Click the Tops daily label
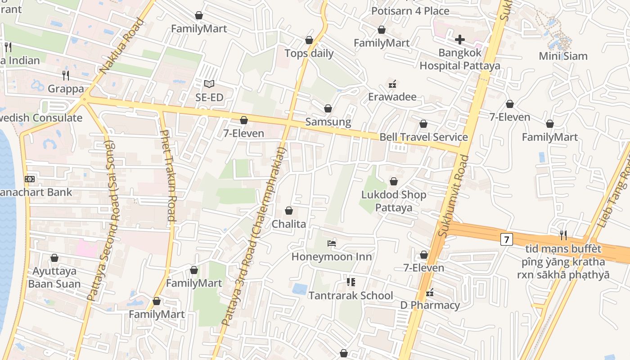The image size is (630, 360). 309,54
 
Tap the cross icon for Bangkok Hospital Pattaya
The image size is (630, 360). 459,40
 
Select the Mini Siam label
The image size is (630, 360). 563,56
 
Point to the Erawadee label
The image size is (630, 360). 392,97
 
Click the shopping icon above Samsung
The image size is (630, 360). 328,108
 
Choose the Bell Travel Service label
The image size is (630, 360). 423,137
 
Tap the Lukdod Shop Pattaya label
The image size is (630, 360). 394,201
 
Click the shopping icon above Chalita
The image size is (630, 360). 289,211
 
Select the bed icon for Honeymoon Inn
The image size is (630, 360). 332,243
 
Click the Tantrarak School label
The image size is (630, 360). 351,296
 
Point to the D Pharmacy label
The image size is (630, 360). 430,306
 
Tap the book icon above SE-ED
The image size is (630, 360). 209,84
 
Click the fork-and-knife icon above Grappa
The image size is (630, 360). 66,75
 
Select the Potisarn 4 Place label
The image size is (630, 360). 410,11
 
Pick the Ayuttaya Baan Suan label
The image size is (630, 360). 54,278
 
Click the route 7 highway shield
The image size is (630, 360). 506,239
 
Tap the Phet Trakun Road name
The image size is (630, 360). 167,175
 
